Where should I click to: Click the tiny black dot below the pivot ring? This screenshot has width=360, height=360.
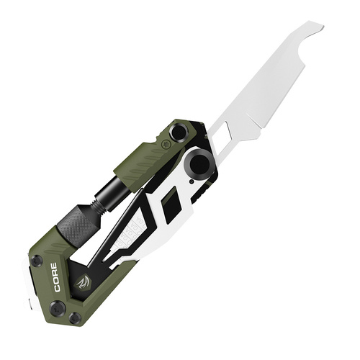click(x=192, y=182)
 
